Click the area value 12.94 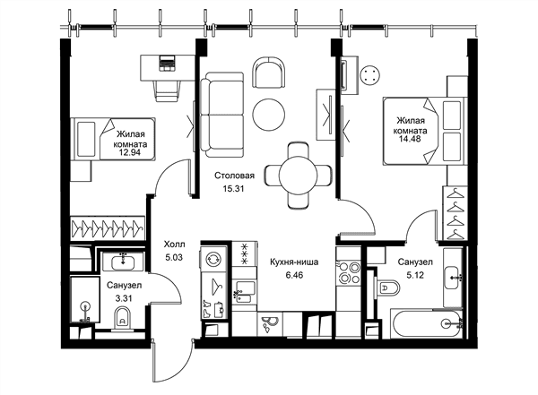coord(130,153)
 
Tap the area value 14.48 coord(410,139)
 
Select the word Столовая coord(234,176)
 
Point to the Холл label coord(174,245)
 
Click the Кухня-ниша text coord(294,262)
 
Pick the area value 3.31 coord(124,298)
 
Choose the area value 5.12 coord(415,275)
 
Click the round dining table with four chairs coord(299,176)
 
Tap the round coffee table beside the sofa coord(269,115)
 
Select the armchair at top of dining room coord(269,72)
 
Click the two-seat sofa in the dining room coord(222,115)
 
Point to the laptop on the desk coord(167,63)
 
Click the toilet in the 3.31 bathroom coord(123,319)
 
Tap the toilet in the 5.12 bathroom coord(388,288)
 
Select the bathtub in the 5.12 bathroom coord(427,324)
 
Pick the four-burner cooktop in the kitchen coord(348,273)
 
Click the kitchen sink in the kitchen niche coord(244,292)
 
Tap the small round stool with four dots coord(370,74)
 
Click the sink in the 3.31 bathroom coord(123,262)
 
